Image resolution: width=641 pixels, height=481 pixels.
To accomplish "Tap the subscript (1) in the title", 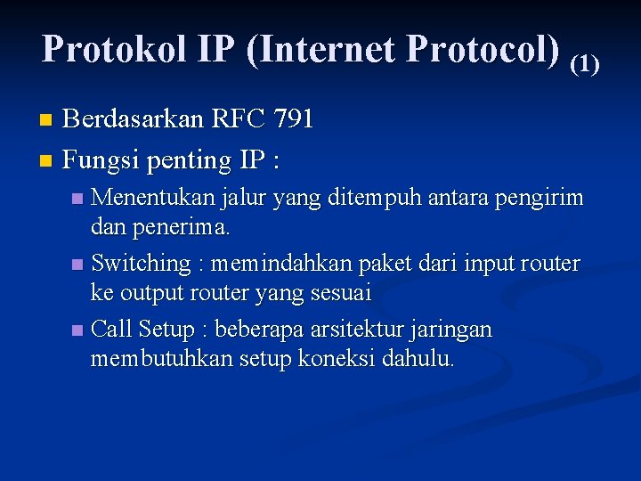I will click(x=585, y=63).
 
